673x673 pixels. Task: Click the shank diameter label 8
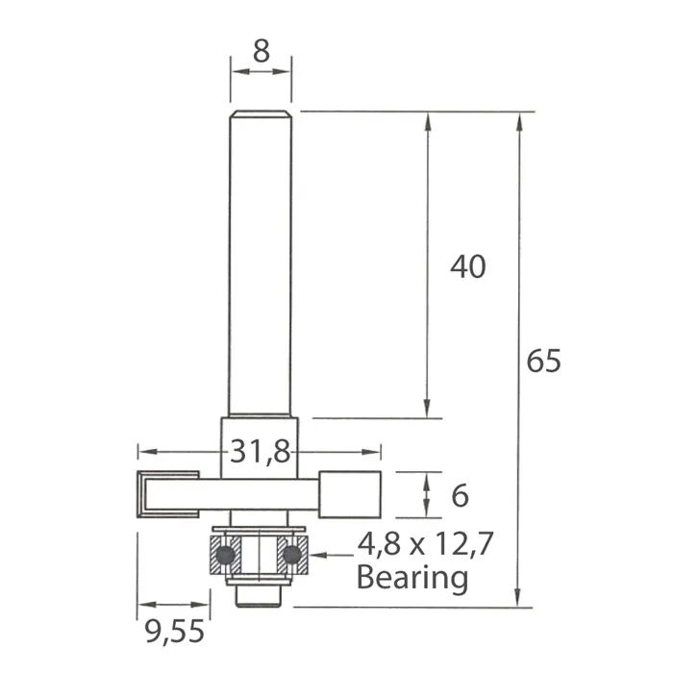262,51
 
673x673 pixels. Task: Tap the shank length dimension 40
468,266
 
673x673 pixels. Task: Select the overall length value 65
543,361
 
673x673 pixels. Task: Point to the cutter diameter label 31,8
261,452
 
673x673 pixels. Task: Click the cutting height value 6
461,496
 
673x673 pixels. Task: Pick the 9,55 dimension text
174,632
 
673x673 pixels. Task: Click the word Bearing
412,579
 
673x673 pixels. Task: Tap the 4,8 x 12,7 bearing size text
425,544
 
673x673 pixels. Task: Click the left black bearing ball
225,555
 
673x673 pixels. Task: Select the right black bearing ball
292,555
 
